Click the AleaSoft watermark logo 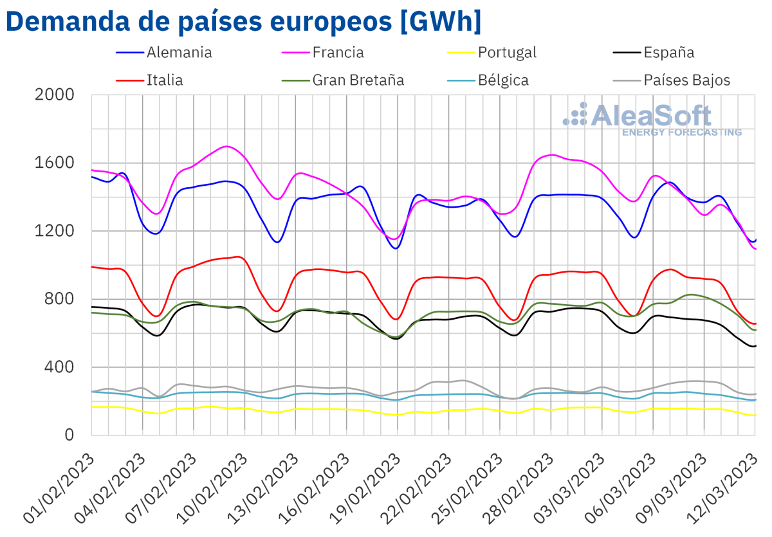(650, 119)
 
